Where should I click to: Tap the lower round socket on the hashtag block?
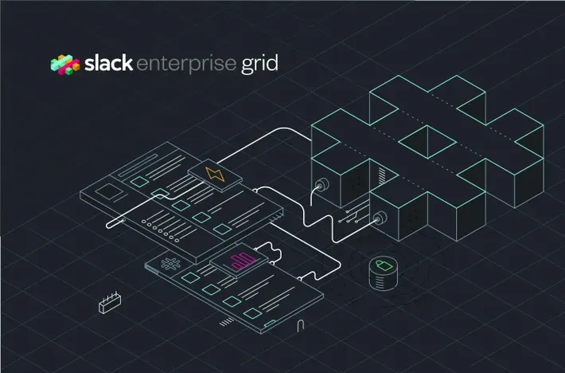click(380, 216)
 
